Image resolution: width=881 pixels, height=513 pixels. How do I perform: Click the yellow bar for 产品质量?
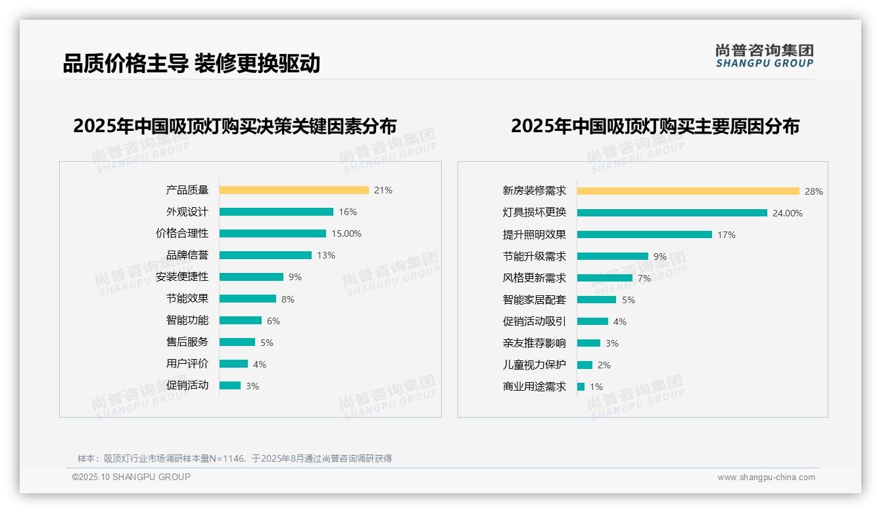[294, 190]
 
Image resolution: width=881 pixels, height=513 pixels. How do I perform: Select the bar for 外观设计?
[276, 212]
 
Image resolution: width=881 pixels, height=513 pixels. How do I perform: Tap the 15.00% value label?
[346, 233]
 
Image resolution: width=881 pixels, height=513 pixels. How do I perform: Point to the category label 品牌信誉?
[187, 255]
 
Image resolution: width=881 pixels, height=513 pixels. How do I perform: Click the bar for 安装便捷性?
[251, 277]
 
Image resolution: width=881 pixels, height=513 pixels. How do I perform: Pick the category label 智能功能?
[187, 320]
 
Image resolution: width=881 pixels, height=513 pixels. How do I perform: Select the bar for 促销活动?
[230, 385]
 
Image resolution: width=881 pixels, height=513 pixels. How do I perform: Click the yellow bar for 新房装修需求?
[688, 191]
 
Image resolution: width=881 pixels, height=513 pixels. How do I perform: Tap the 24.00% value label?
[788, 213]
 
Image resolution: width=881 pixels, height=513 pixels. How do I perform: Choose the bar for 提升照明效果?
[644, 235]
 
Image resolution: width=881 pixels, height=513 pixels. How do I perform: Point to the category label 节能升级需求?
[534, 256]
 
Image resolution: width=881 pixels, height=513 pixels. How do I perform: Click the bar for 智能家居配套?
[596, 300]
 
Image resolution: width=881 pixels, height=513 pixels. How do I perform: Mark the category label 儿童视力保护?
[534, 365]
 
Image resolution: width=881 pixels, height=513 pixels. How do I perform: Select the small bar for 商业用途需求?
[581, 387]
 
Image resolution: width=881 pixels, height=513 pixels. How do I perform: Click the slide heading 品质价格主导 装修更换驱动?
[191, 64]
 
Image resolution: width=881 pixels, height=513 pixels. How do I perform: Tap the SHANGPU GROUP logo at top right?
[764, 56]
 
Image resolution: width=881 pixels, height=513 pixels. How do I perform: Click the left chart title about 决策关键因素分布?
[235, 126]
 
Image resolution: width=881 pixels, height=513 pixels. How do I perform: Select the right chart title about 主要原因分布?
[655, 126]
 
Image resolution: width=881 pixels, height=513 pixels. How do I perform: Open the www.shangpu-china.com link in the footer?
[766, 477]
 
